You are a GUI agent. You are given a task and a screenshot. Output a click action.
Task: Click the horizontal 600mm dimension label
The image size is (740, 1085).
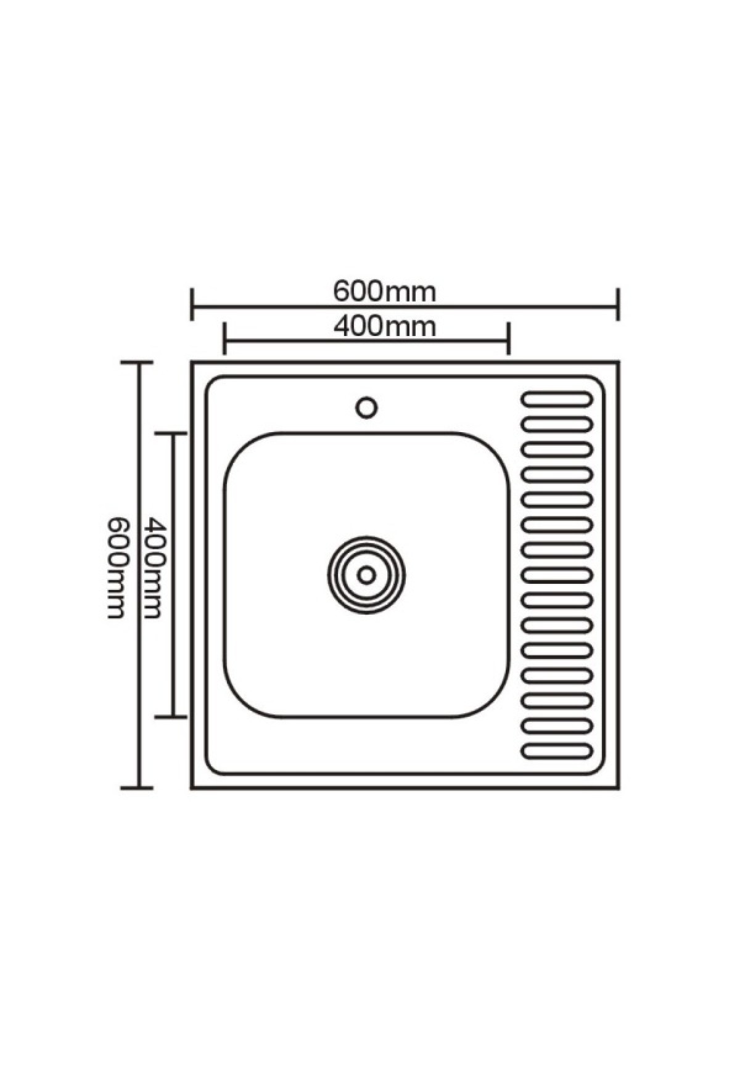(x=385, y=292)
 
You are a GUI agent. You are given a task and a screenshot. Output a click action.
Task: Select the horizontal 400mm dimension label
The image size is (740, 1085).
(x=385, y=326)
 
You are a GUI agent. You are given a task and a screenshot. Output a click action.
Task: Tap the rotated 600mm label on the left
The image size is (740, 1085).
(x=117, y=568)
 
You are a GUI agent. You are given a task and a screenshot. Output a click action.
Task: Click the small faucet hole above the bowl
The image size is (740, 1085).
(x=367, y=407)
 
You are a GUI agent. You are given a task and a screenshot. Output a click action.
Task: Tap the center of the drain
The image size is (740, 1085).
(x=367, y=575)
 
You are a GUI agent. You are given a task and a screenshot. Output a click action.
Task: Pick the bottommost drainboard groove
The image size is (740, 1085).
(x=557, y=751)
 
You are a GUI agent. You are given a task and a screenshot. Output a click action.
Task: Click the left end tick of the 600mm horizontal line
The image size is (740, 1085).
(x=192, y=304)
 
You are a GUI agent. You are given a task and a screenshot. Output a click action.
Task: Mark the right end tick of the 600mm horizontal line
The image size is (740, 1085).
(x=617, y=304)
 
